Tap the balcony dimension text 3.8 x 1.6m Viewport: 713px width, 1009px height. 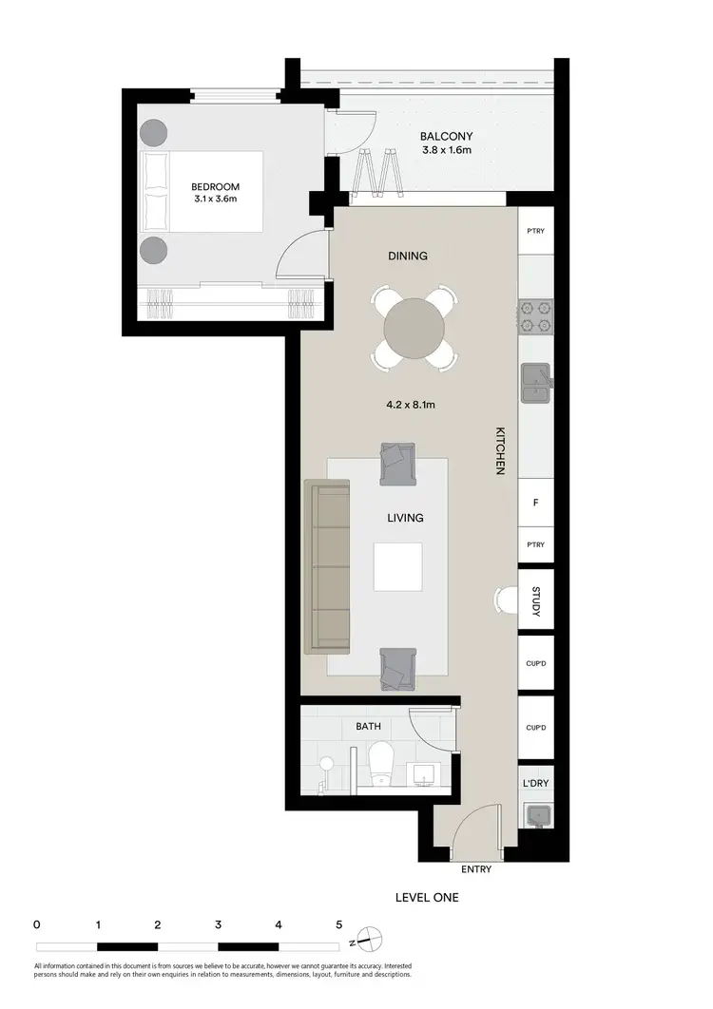446,150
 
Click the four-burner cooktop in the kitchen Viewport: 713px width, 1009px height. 535,316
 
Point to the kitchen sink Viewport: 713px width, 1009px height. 535,381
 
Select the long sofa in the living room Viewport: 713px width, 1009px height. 327,568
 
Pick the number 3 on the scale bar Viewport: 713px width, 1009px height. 218,923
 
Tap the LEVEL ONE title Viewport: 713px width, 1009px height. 426,896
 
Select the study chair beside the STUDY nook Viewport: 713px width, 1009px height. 505,600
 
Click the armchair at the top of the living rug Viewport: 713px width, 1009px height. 396,463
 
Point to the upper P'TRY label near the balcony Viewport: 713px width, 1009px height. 535,232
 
